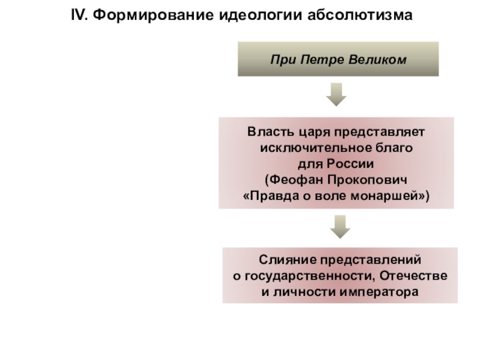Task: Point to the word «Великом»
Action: pos(376,60)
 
